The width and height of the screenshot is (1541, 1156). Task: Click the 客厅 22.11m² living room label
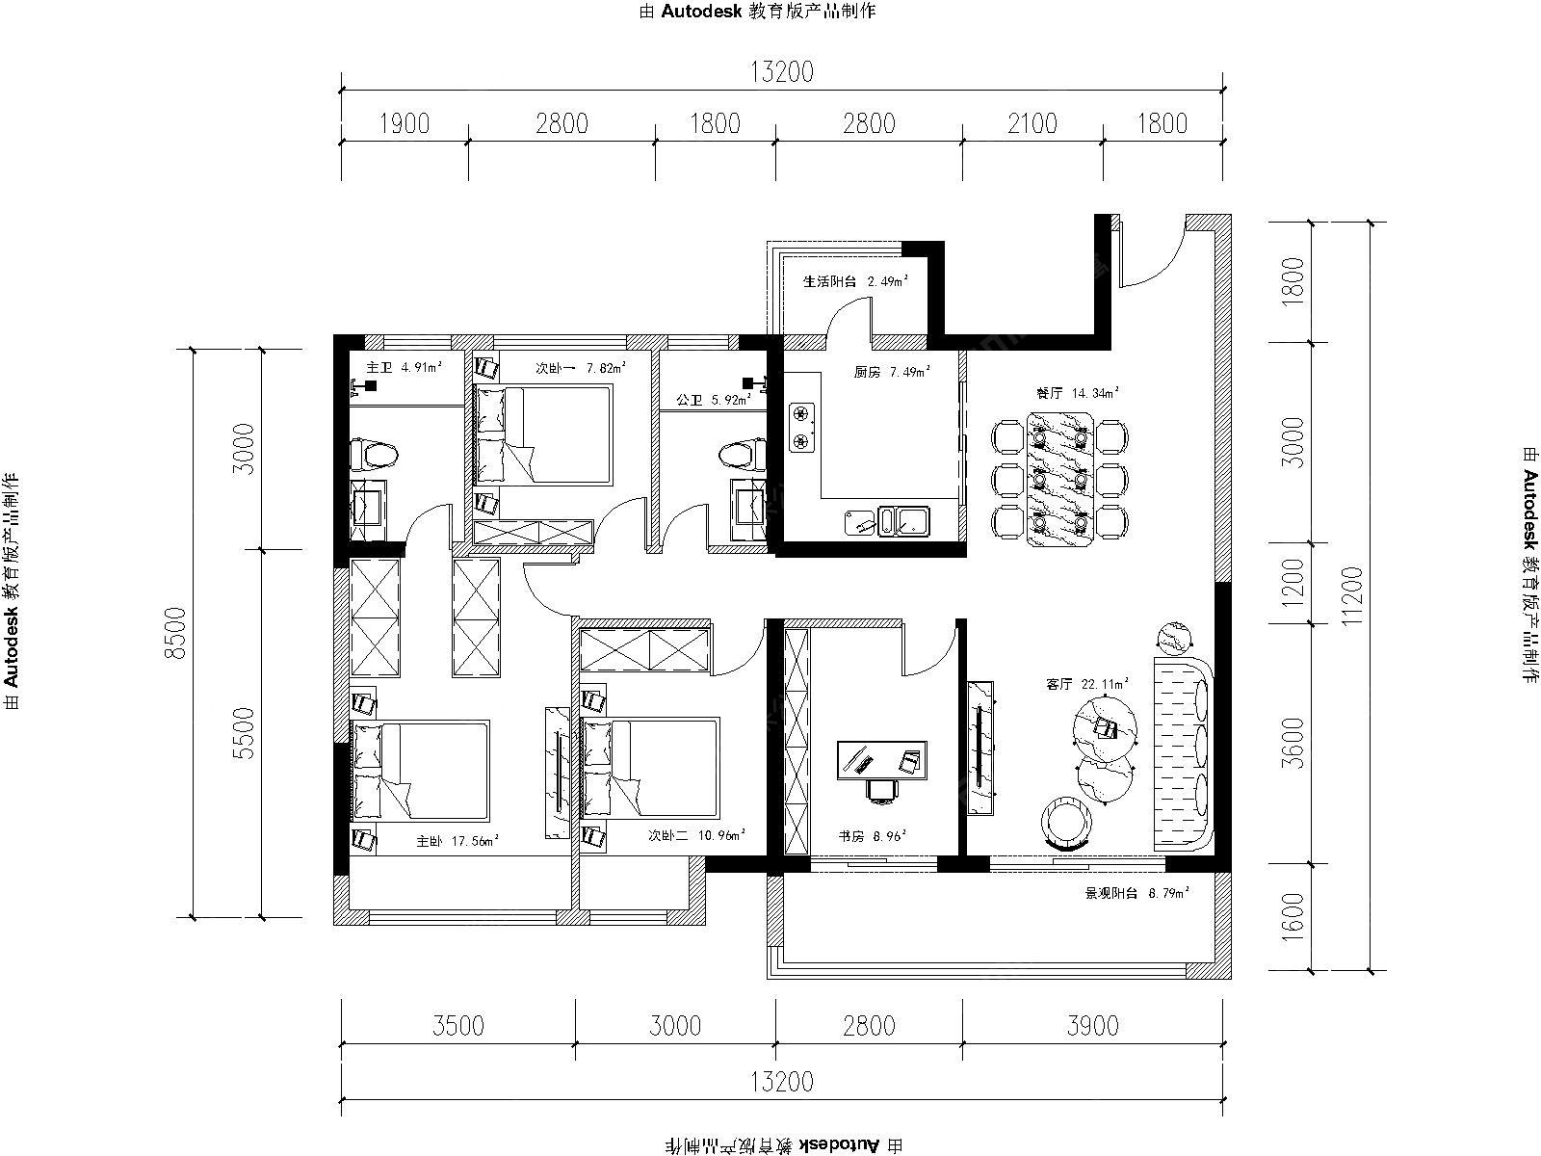[x=1086, y=683]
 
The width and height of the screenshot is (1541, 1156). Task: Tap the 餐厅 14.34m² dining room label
[x=1077, y=393]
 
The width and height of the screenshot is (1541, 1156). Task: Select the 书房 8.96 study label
[x=872, y=836]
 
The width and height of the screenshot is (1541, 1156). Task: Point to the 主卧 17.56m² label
[x=457, y=841]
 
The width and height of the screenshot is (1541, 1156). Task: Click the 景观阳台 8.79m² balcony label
[x=1137, y=894]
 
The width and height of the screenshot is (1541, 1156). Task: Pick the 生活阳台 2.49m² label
[x=856, y=281]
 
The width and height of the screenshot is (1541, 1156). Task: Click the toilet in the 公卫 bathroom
[x=744, y=454]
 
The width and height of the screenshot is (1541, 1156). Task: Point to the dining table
[x=1060, y=479]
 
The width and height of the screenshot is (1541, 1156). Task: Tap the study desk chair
[x=882, y=790]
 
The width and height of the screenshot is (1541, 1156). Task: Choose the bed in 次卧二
[x=650, y=768]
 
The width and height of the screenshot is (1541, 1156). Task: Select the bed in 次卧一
[x=543, y=434]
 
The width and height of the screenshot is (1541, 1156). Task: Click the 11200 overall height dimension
[x=1353, y=596]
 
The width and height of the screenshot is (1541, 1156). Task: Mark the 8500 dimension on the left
[x=177, y=633]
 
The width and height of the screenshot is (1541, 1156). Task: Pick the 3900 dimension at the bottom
[x=1092, y=1026]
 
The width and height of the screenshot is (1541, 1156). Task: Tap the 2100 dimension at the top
[x=1032, y=123]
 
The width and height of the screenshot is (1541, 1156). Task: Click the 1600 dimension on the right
[x=1293, y=917]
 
